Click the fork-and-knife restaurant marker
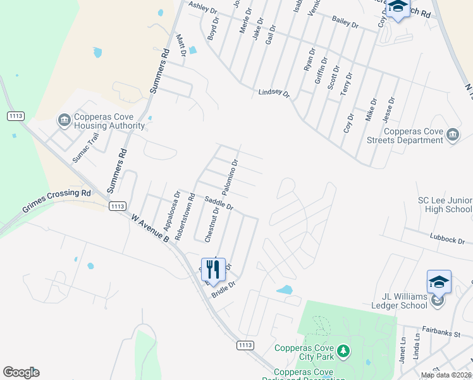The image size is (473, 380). click(213, 269)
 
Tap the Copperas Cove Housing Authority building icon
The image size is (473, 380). click(63, 120)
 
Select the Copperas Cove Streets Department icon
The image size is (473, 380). click(452, 135)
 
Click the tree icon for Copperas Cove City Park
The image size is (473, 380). click(343, 351)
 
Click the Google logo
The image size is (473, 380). click(21, 372)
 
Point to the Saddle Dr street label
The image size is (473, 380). click(219, 203)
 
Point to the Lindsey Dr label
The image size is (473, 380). click(273, 93)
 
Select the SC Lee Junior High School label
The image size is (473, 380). click(445, 205)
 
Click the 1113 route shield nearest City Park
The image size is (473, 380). click(245, 345)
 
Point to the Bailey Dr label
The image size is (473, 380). click(345, 23)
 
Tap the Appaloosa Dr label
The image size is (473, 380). click(168, 212)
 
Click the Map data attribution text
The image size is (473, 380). click(446, 375)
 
